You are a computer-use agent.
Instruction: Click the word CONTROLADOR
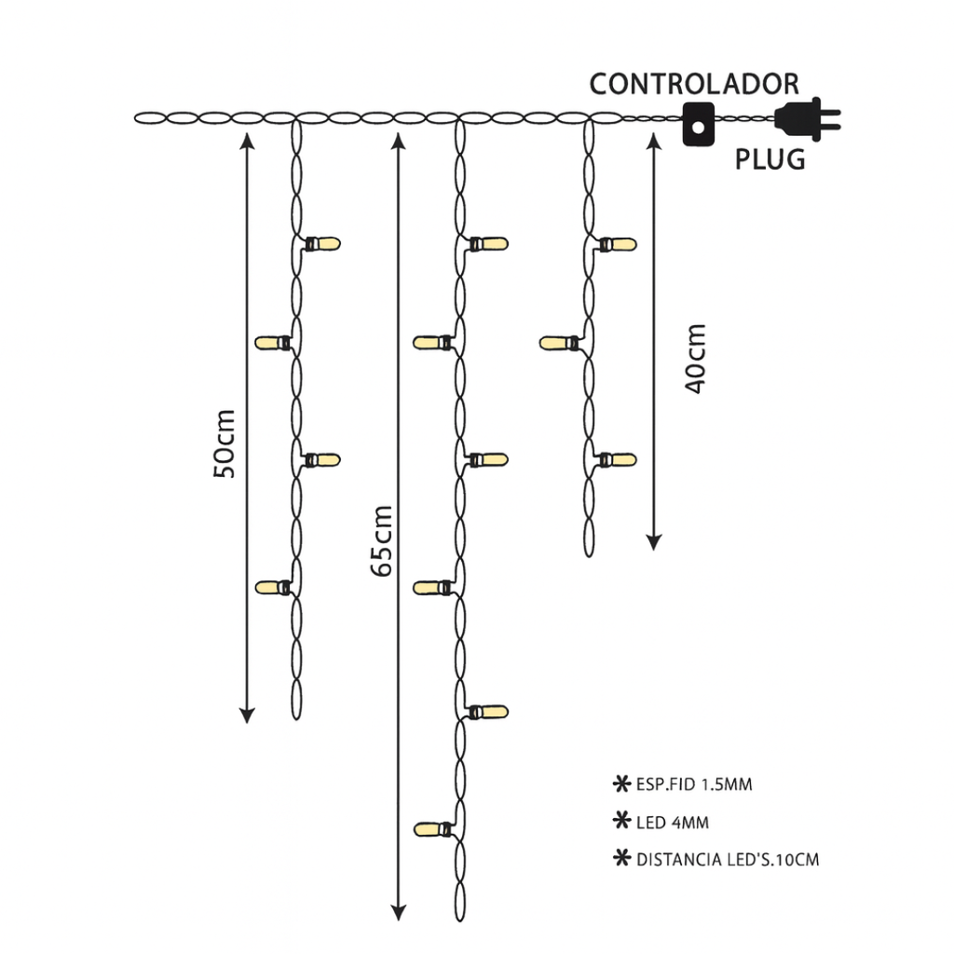(694, 84)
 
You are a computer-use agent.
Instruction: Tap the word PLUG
(770, 159)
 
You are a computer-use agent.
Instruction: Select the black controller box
(696, 123)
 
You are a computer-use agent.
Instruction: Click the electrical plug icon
(806, 119)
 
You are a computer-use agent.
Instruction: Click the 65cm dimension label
(380, 540)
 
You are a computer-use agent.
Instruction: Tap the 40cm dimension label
(695, 359)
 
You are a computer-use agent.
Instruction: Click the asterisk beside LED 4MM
(620, 822)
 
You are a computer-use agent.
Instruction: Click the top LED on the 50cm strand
(322, 244)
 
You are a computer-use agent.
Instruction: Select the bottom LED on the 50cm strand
(273, 588)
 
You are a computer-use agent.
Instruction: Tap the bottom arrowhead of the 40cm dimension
(654, 540)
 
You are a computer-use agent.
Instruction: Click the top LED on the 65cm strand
(488, 244)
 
